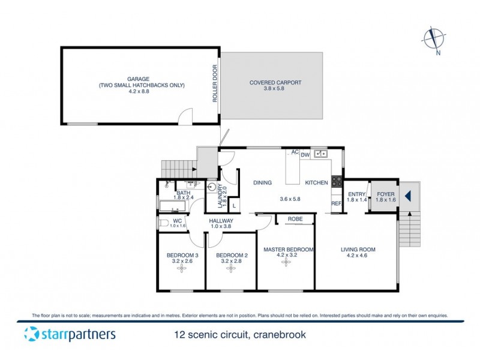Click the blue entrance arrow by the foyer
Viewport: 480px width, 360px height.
407,196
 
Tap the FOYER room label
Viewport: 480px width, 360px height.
385,194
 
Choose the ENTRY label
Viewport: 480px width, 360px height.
356,194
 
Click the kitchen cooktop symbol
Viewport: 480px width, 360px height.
337,182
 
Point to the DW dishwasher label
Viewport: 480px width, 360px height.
305,155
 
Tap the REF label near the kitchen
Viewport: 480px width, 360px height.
337,204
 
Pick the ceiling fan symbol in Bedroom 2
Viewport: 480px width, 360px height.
230,269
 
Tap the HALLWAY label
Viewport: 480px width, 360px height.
221,221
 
